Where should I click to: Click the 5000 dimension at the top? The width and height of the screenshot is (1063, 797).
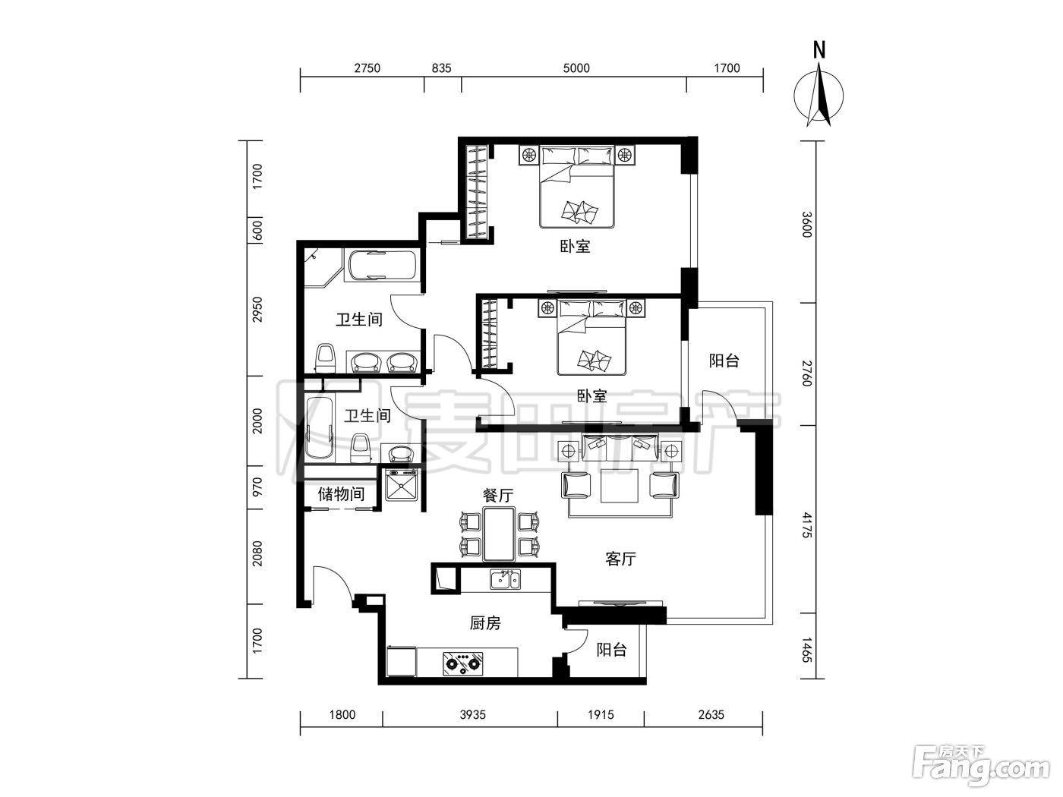576,68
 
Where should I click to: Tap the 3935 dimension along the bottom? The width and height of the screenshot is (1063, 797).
473,715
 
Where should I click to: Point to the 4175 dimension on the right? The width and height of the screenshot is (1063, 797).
806,525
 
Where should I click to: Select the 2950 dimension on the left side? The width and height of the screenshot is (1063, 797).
257,310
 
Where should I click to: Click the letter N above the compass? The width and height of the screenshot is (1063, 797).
819,50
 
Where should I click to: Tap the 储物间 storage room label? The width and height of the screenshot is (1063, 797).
341,494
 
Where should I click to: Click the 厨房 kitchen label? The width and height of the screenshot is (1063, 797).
485,623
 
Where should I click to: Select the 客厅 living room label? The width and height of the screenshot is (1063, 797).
620,559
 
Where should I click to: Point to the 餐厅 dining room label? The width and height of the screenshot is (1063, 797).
498,495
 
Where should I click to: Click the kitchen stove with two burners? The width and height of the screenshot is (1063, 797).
463,663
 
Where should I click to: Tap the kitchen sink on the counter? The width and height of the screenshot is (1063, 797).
505,579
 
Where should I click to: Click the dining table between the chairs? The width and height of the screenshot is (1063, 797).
498,534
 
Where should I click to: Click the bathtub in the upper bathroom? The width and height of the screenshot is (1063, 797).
382,265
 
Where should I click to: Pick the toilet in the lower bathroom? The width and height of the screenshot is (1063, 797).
360,449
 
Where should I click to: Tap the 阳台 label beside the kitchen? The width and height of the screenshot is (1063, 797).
612,650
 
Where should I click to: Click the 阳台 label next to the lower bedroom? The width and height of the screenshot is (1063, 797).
724,361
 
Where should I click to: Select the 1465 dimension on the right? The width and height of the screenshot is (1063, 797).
806,650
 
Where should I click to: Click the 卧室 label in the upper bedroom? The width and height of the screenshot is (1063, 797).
576,246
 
